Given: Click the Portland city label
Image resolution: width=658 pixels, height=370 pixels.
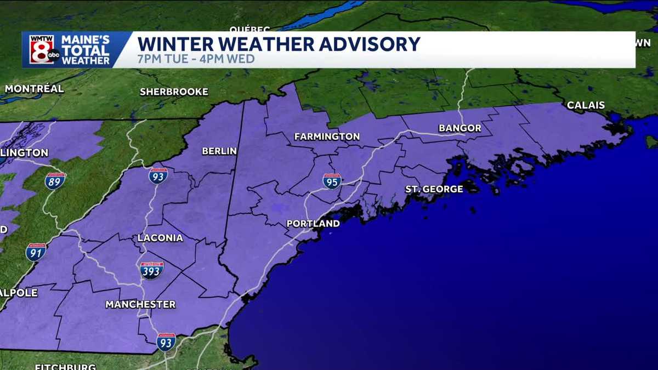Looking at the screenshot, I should pos(313,224).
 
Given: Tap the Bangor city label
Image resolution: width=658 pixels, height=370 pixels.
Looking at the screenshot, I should pos(460,128).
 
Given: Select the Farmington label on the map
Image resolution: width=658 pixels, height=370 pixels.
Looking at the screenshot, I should pos(327,136).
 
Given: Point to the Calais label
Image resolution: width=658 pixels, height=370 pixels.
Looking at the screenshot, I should pos(586,105).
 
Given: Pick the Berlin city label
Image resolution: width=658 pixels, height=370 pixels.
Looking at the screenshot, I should pos(219,151).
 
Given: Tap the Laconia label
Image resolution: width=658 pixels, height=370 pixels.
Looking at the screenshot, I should pos(160,238).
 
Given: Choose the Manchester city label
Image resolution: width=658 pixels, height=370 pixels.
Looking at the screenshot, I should pos(140,304).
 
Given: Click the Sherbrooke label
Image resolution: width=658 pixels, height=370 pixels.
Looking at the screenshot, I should pos(174,92).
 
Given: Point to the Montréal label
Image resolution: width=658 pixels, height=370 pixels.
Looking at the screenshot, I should pos(34,88).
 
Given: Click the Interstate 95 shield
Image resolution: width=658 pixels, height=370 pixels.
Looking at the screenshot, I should pos(332,181).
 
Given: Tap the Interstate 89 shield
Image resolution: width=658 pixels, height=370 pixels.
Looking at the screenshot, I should pos(55,180).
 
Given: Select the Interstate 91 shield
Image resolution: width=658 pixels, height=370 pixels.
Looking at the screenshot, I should pos(36,252).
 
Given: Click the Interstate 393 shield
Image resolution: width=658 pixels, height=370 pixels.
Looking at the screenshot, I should pos(151,270).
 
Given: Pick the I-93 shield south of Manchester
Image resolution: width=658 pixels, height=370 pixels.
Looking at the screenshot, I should pos(166,341).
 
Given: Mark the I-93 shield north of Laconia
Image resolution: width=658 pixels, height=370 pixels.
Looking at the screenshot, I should pos(158,175).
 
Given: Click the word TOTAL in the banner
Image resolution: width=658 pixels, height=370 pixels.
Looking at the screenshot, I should pos(85,50).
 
